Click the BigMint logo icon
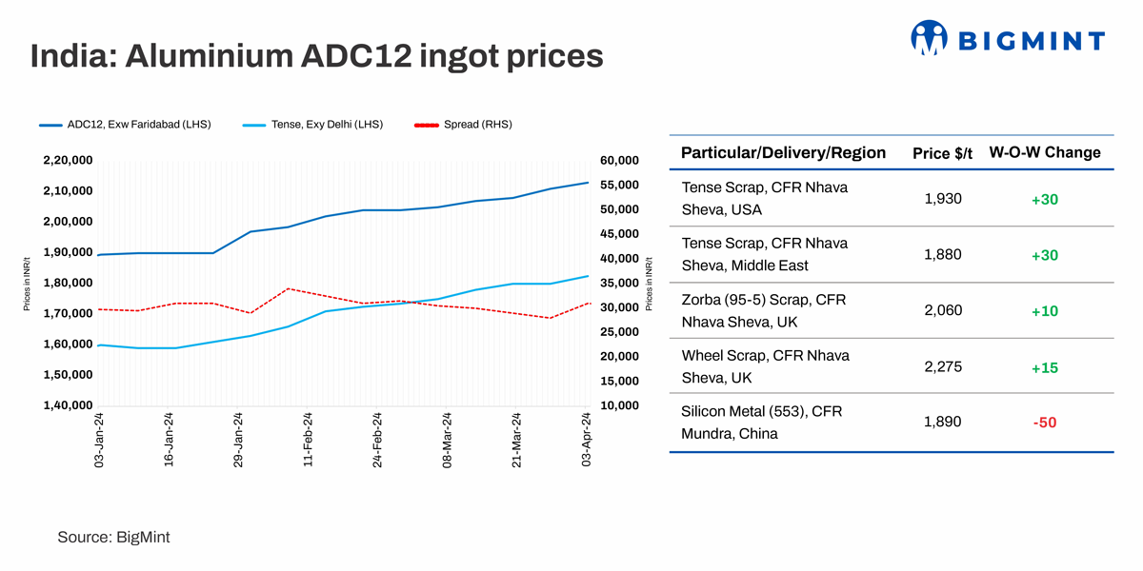(x=929, y=38)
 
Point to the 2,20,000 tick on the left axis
(x=68, y=160)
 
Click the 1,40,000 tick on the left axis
(x=68, y=405)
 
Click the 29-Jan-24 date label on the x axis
(x=239, y=439)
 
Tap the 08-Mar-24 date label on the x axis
(x=447, y=439)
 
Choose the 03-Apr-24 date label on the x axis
(x=587, y=439)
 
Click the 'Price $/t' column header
(x=943, y=153)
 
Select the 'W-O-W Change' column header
(x=1045, y=152)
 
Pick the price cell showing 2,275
(x=943, y=366)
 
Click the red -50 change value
(x=1045, y=423)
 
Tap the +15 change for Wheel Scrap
(x=1045, y=367)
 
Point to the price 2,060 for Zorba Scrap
(x=943, y=310)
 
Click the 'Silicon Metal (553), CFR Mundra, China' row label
(x=762, y=423)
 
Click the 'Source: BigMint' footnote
(x=113, y=538)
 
